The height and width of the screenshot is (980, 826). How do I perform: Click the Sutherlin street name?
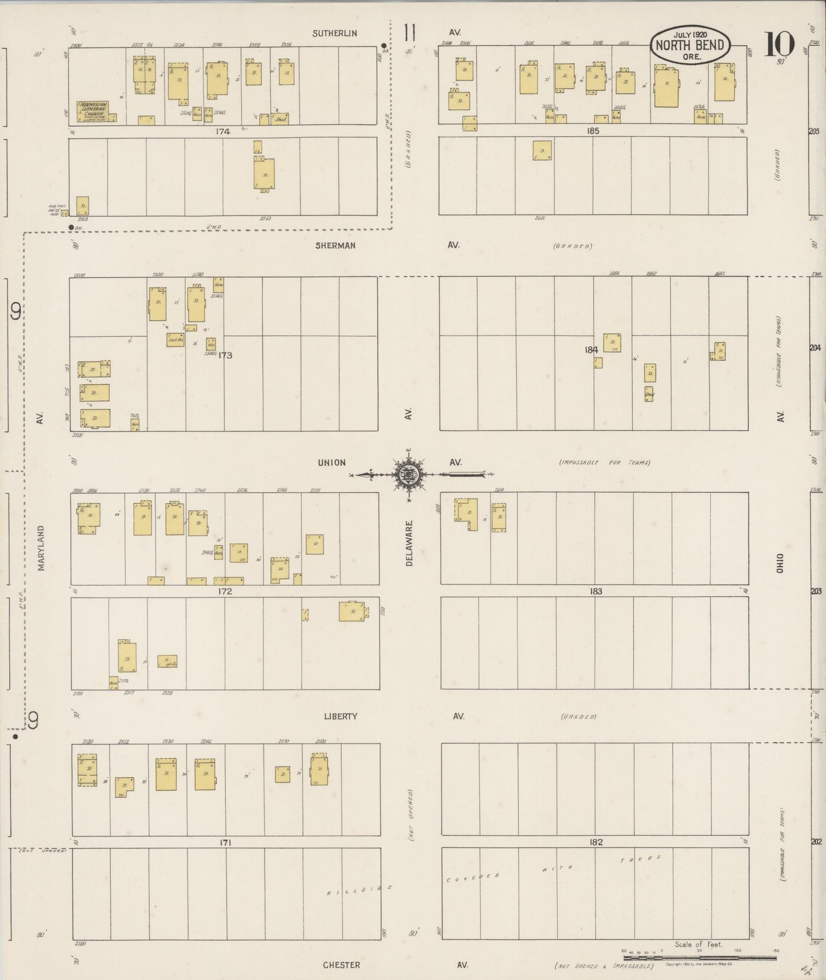334,33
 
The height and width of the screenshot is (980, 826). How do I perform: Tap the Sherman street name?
335,245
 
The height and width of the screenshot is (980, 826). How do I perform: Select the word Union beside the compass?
332,462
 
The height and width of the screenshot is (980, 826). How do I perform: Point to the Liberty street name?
340,716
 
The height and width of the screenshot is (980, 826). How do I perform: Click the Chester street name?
341,965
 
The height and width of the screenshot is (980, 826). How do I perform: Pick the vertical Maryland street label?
41,548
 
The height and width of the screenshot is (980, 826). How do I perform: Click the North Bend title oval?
690,45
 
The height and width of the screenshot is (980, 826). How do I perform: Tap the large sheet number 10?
779,43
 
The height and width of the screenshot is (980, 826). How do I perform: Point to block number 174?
222,132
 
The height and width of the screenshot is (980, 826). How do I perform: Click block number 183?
596,591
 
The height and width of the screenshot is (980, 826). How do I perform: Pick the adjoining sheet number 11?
409,33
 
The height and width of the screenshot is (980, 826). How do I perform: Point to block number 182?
596,842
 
